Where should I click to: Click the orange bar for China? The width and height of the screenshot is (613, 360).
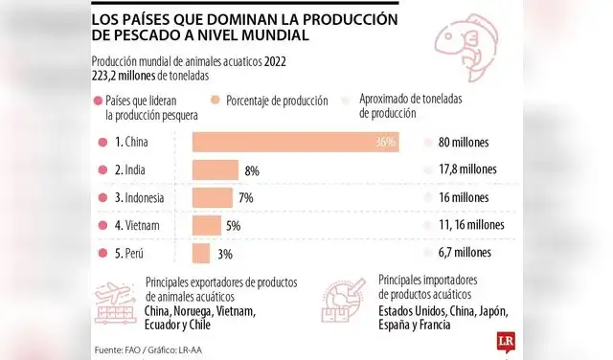[x=295, y=143]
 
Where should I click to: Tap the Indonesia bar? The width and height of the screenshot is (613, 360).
[x=213, y=198]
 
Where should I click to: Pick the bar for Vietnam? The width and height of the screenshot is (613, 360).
[x=207, y=226]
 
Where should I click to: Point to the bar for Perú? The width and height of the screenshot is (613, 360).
[x=201, y=254]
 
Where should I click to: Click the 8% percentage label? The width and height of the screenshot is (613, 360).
[x=253, y=170]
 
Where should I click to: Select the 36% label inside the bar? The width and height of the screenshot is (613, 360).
[x=386, y=143]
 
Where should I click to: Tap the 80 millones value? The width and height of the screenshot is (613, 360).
[x=465, y=143]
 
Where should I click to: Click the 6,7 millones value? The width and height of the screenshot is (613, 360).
[x=465, y=254]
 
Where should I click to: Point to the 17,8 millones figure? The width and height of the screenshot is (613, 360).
[x=467, y=170]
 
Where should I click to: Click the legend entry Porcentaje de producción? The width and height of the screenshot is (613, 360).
[x=279, y=100]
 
